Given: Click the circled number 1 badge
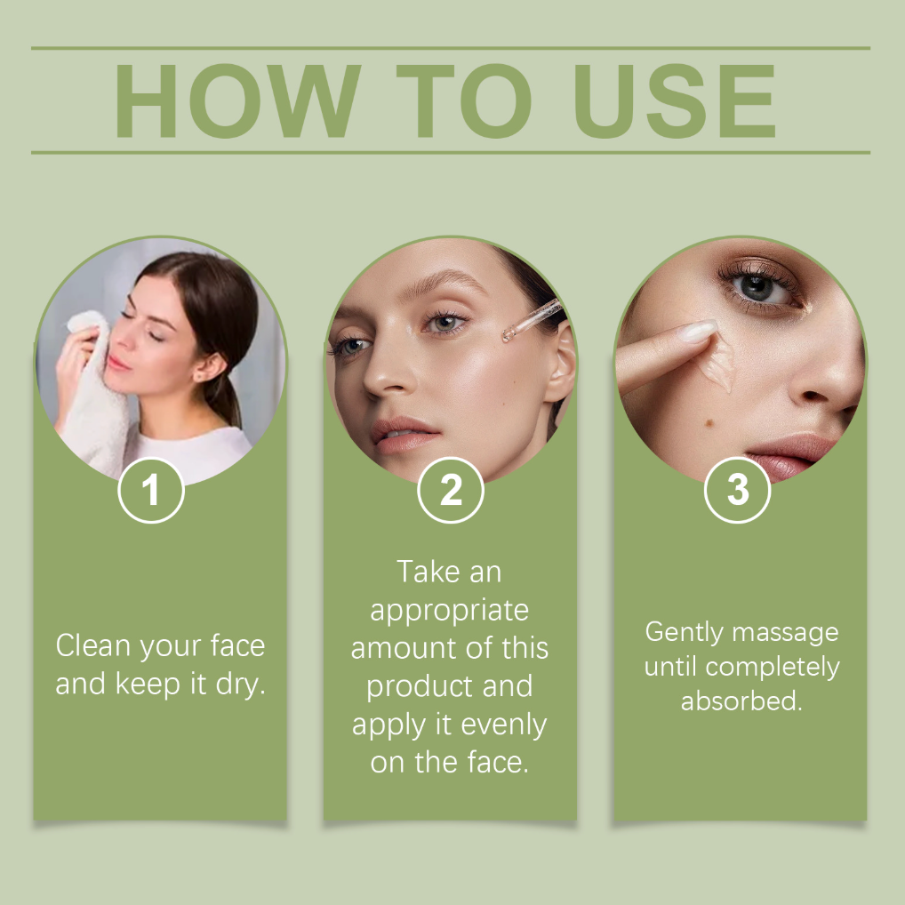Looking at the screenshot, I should pyautogui.click(x=151, y=490).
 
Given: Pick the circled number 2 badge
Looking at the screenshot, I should pyautogui.click(x=451, y=490).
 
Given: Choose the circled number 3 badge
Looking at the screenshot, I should pyautogui.click(x=738, y=490).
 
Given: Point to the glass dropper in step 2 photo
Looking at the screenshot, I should pyautogui.click(x=532, y=320).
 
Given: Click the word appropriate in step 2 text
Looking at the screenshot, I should pyautogui.click(x=449, y=611).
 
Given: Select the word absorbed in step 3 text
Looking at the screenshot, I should pyautogui.click(x=741, y=701).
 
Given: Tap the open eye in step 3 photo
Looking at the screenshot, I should pyautogui.click(x=757, y=285).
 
